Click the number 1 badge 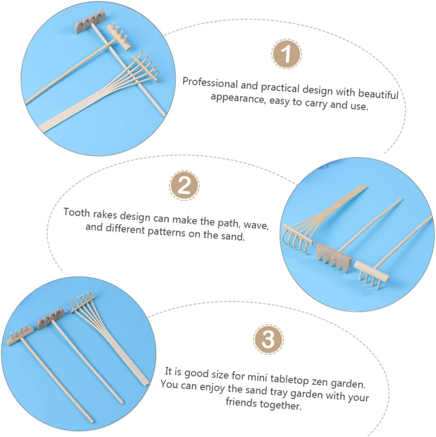[287, 54]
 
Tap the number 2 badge [184, 186]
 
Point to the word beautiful [378, 93]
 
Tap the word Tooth [76, 213]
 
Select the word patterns [166, 232]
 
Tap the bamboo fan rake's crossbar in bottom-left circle [83, 304]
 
